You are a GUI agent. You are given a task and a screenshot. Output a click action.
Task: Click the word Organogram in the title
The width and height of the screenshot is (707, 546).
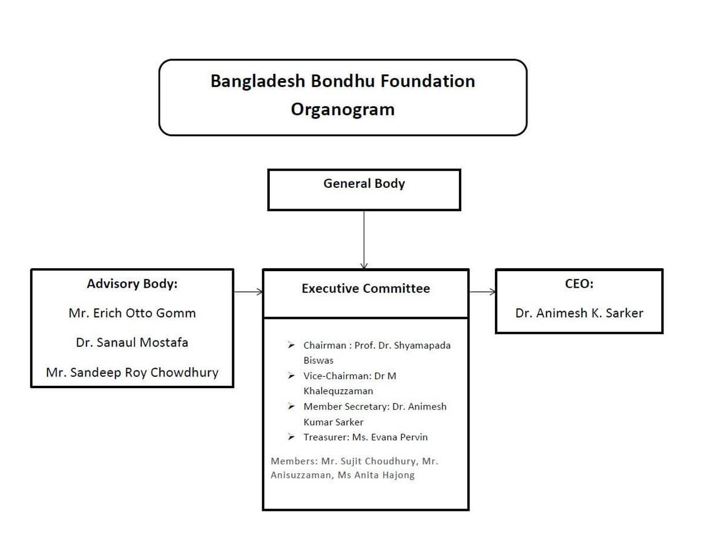coord(343,109)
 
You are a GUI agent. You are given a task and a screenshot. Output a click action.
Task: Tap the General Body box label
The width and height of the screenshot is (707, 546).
coord(364,184)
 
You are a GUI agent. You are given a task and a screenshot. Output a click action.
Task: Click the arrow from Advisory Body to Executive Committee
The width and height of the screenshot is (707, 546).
coord(248,291)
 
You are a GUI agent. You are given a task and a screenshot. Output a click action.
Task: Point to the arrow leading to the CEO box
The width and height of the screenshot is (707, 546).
coord(482,292)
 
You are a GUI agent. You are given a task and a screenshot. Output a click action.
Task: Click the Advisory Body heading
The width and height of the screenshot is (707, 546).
coord(132,284)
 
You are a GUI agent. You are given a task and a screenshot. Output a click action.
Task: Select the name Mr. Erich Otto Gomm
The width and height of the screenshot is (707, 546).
coord(132,313)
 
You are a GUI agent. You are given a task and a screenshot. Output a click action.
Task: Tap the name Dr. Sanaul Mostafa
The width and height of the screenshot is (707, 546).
coord(132,342)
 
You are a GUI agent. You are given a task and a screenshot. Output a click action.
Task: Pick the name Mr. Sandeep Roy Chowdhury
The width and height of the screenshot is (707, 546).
coord(132,372)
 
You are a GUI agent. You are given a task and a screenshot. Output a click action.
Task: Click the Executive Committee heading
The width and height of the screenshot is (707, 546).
coord(366,289)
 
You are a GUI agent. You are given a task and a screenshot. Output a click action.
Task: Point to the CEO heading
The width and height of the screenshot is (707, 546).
coord(579,284)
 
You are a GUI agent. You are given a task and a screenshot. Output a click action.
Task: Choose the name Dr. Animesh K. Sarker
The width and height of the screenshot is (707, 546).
coord(579,313)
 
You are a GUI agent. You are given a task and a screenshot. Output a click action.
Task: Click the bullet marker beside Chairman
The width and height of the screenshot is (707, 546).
coord(291,345)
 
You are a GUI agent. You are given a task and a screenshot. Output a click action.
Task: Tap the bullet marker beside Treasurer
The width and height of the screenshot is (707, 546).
coord(291,437)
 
